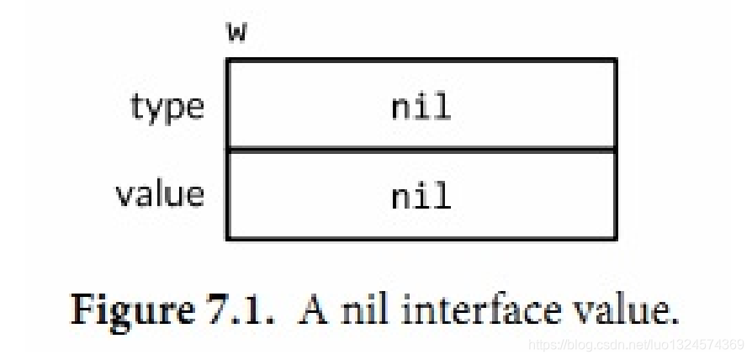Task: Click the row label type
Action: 167,108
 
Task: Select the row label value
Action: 160,194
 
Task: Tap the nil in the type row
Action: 421,107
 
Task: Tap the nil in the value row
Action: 421,196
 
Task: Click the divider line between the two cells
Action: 421,150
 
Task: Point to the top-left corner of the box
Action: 228,61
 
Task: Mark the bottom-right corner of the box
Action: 615,238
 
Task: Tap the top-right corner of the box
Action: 615,61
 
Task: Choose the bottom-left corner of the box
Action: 228,238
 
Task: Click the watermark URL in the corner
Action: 636,345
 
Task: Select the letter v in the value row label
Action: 124,195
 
